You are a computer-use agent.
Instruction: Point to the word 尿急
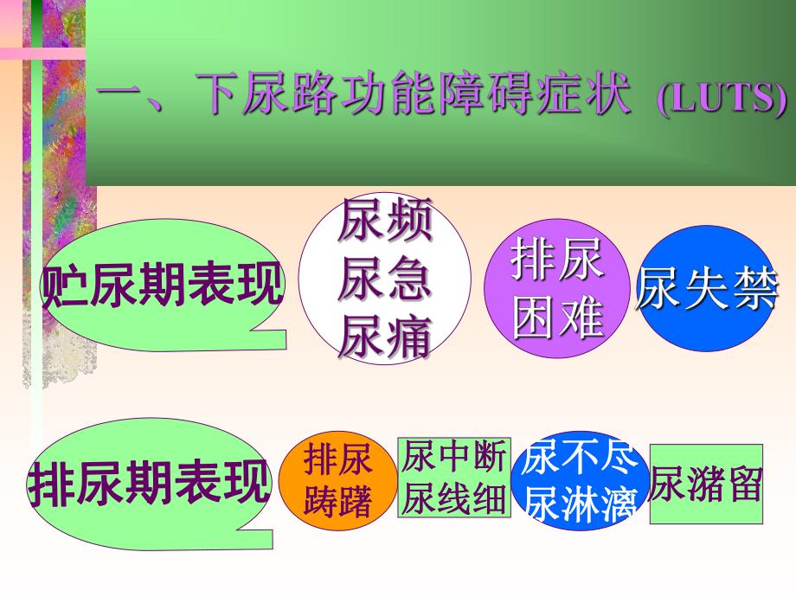[384, 280]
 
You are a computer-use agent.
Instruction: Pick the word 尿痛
[384, 337]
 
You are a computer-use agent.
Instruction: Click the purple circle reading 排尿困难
[557, 290]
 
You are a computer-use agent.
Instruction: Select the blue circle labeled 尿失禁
[707, 289]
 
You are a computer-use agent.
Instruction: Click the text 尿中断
[453, 457]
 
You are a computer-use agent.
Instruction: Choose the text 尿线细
[453, 499]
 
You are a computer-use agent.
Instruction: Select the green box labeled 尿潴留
[706, 485]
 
